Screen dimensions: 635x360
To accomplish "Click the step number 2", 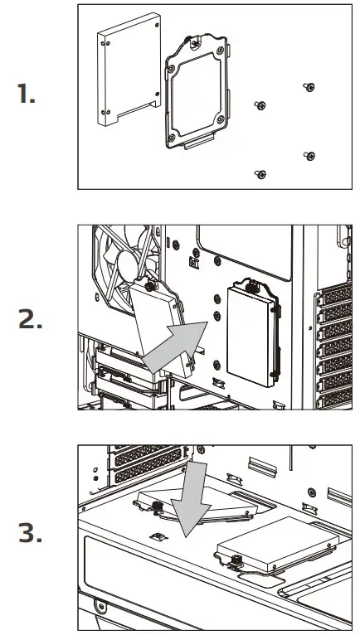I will pyautogui.click(x=31, y=318).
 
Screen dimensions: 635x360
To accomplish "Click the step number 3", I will pyautogui.click(x=31, y=535).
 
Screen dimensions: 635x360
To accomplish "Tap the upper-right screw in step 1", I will pyautogui.click(x=309, y=87).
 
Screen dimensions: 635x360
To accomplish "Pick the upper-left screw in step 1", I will pyautogui.click(x=260, y=104).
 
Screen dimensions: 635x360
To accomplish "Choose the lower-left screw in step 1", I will pyautogui.click(x=260, y=173).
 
